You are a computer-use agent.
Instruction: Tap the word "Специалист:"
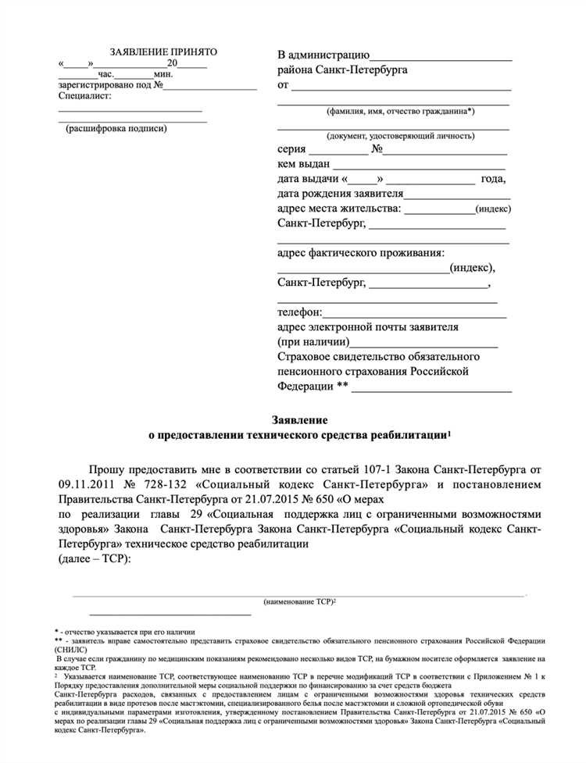84,96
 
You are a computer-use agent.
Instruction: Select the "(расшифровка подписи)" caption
116,128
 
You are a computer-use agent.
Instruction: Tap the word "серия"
291,149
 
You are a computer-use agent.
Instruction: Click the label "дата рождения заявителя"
340,194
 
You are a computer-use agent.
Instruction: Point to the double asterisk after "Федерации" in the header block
341,387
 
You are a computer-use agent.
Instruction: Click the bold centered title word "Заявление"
294,420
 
